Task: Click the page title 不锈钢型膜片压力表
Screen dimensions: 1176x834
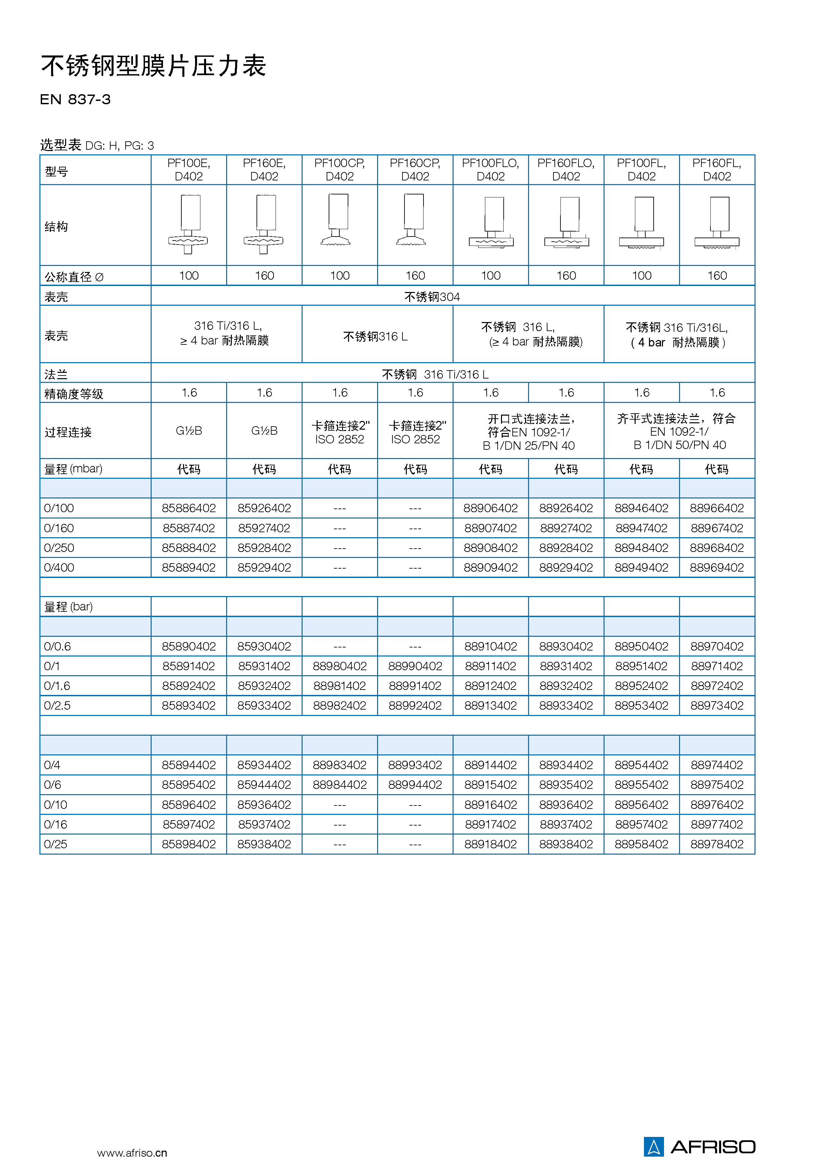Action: tap(153, 66)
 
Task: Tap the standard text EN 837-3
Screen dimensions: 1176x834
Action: tap(75, 100)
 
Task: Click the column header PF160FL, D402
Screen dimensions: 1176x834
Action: tap(716, 169)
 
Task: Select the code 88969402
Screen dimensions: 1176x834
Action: tap(716, 568)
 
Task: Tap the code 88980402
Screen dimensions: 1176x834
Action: tap(339, 666)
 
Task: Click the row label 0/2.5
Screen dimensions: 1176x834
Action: tap(57, 706)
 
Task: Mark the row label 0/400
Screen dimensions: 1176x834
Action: tap(59, 568)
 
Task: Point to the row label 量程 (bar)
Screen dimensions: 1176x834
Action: tap(68, 607)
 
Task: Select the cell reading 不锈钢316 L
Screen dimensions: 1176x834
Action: tap(375, 336)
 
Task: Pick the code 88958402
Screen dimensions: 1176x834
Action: tap(641, 844)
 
